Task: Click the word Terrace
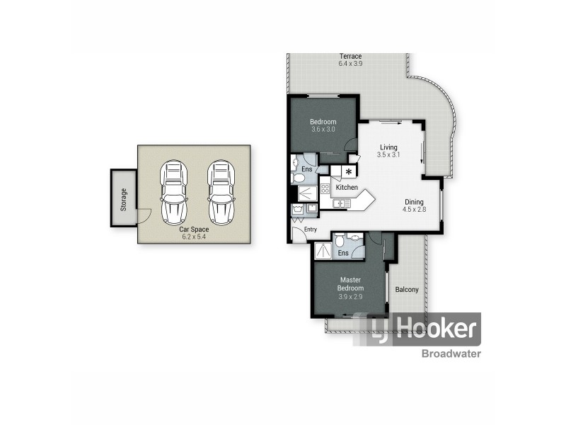coord(350,57)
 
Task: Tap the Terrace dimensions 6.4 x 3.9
coord(350,64)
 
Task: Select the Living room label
coord(388,147)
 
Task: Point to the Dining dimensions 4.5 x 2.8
coord(415,210)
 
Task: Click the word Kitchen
coord(347,188)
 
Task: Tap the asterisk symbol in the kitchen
coord(348,171)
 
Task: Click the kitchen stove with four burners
coord(325,188)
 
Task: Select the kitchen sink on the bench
coord(342,203)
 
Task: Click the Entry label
coord(311,229)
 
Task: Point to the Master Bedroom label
coord(350,284)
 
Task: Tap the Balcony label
coord(407,289)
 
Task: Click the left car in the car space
coord(173,191)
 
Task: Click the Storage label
coord(124,199)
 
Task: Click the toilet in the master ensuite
coord(339,239)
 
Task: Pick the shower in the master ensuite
coord(323,250)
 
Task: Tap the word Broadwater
coord(451,353)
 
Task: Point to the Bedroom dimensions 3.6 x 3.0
coord(323,129)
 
